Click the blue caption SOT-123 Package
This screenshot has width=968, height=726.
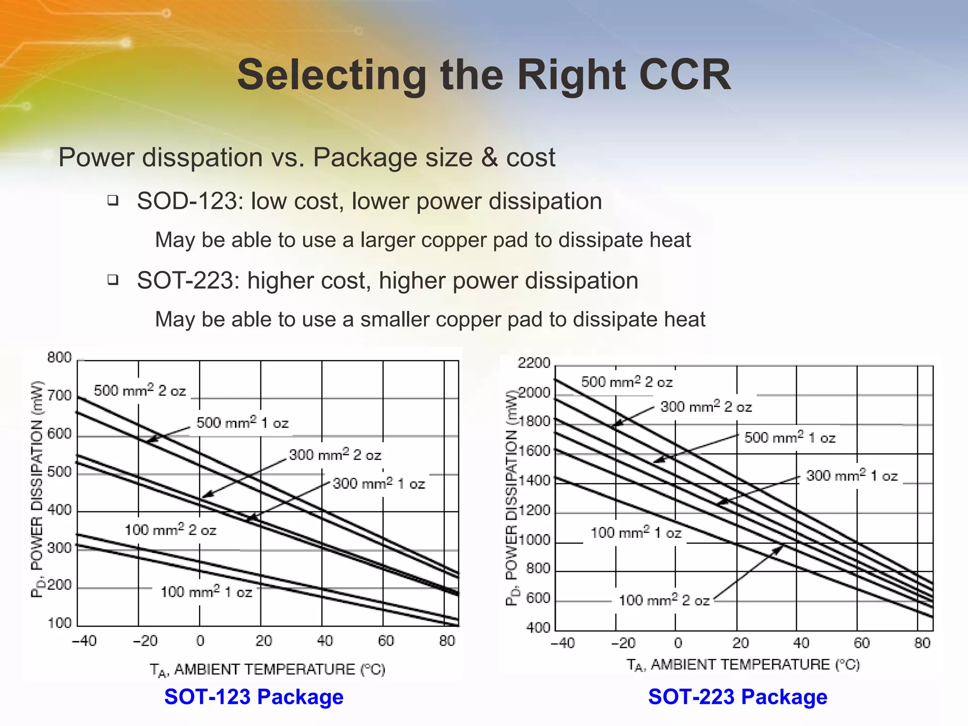pos(254,697)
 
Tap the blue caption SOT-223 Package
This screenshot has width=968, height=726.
pos(737,697)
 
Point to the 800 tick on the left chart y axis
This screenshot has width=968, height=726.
pos(60,357)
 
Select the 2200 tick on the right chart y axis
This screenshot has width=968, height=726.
pos(534,363)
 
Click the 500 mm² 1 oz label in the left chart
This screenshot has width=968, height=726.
pos(242,423)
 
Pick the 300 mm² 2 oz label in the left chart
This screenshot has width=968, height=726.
pos(335,455)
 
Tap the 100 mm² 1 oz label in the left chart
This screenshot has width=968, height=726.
pos(206,592)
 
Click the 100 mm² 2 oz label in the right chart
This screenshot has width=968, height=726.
pos(664,600)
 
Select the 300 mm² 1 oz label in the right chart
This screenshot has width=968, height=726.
pos(852,475)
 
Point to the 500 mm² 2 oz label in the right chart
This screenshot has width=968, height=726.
pos(627,382)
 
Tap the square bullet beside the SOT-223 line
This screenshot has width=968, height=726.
pos(112,280)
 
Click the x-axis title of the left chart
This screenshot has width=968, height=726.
pos(268,670)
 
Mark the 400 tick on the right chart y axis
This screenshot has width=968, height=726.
pos(538,628)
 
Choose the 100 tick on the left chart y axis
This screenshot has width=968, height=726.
pos(60,623)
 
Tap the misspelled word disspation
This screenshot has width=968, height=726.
pos(202,157)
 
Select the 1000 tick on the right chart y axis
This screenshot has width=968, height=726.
pos(534,540)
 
